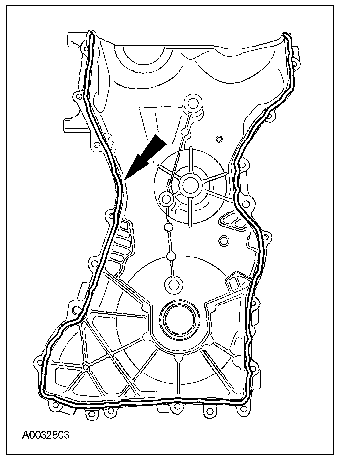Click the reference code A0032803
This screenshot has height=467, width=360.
coord(45,434)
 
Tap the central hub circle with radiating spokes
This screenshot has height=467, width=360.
coord(190,185)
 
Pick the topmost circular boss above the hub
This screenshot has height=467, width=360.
coord(193,103)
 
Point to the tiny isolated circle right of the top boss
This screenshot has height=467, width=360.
coord(219,138)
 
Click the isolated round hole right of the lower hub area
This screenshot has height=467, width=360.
coord(224,241)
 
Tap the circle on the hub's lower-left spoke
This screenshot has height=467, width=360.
coord(166,199)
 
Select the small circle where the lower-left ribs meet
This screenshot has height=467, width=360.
coord(86,367)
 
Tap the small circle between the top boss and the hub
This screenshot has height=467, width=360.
coord(185,132)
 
